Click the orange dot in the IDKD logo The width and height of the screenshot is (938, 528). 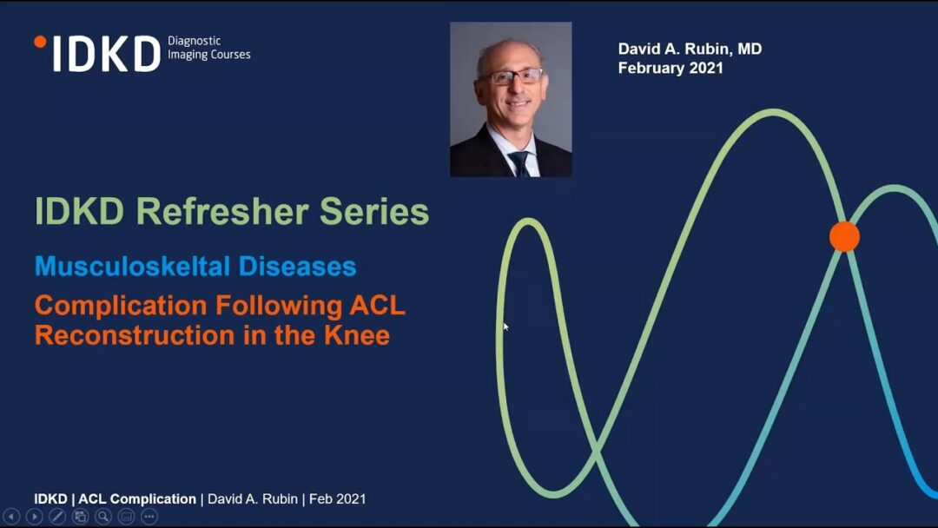click(40, 42)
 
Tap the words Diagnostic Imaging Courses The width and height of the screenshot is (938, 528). click(208, 48)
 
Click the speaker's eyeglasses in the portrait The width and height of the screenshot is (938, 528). click(512, 76)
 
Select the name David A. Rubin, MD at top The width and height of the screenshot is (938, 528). click(690, 49)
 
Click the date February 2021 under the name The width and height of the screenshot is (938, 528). click(670, 68)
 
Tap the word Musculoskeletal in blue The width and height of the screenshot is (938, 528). click(133, 267)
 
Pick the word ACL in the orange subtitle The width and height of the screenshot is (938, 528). click(378, 306)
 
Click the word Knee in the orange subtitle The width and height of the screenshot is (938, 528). click(357, 335)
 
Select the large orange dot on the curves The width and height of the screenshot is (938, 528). click(845, 236)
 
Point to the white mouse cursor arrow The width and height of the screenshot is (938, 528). click(506, 327)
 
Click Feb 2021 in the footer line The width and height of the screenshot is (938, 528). click(337, 498)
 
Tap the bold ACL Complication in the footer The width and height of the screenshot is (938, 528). click(137, 498)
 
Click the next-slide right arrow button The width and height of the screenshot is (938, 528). click(35, 517)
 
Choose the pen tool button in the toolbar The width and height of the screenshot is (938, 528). click(57, 517)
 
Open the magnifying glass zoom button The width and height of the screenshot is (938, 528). click(103, 517)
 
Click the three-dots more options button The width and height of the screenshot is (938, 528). click(149, 517)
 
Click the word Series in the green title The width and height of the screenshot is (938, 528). click(374, 212)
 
